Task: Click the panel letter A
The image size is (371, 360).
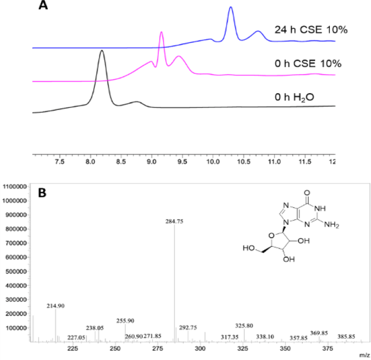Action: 45,7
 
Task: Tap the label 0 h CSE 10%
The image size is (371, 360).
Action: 308,64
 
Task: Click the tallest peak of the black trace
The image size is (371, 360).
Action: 102,51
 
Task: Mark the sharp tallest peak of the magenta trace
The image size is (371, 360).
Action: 161,32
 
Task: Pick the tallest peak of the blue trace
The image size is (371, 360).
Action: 231,8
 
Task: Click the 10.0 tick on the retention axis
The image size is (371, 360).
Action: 212,161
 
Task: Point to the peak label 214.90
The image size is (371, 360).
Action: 55,306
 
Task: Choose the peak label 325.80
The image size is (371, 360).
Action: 244,325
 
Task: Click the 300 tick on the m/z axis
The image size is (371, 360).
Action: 200,350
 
